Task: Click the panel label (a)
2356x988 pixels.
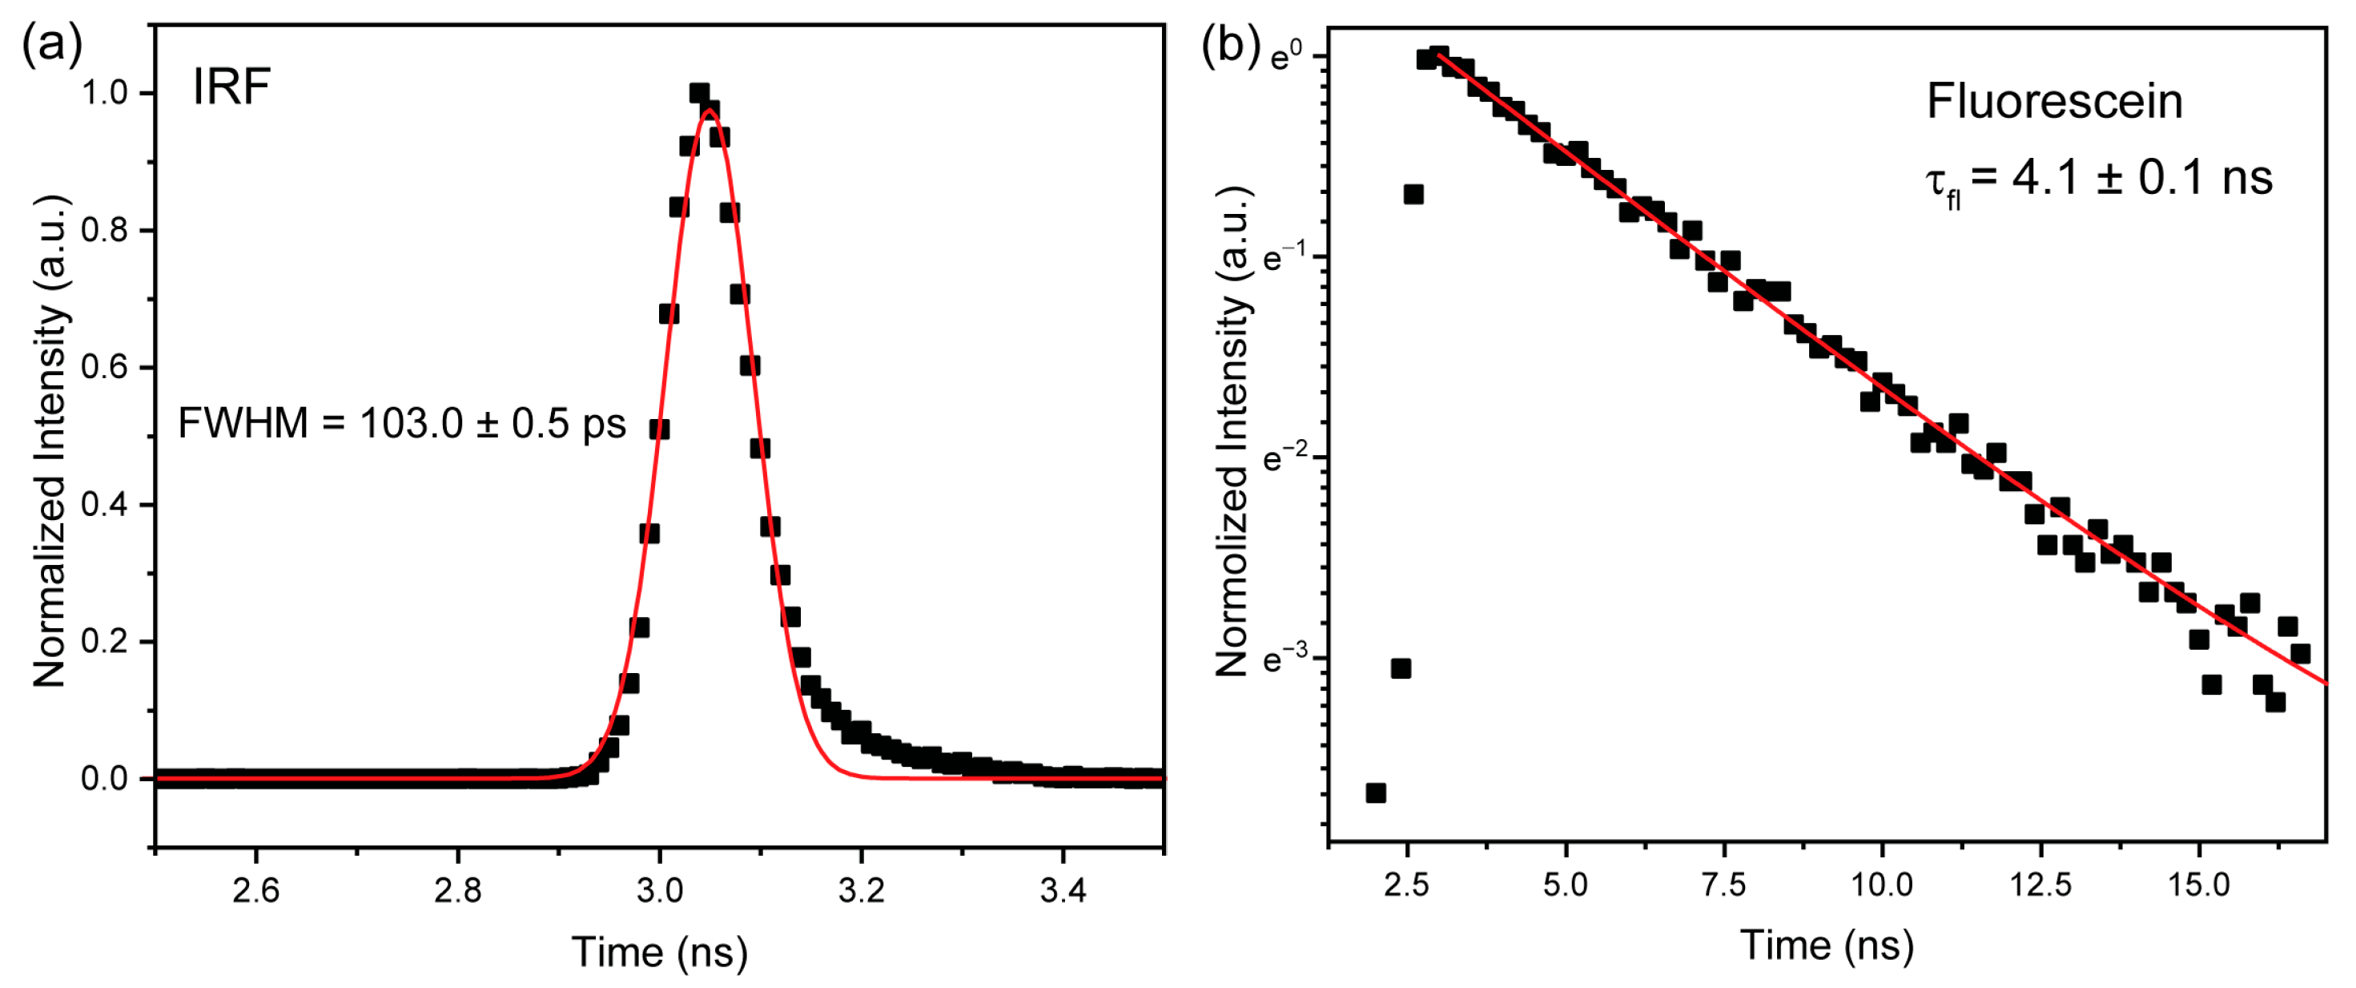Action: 52,44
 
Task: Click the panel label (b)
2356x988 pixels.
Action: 1230,44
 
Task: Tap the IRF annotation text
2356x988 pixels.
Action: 231,88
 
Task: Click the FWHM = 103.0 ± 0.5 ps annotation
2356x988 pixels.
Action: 401,424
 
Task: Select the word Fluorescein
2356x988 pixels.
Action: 2054,101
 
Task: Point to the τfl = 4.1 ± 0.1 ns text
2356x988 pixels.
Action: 2098,179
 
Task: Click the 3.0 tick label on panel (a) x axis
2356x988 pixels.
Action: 659,889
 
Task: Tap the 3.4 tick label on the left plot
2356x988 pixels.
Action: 1063,889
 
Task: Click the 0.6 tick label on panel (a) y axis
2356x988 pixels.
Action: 104,368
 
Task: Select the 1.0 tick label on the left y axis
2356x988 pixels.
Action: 104,93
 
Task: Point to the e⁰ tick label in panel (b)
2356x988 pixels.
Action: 1286,57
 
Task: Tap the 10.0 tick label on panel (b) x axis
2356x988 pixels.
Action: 1881,885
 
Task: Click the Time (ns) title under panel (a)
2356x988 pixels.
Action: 659,952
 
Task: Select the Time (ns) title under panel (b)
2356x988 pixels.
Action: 1827,945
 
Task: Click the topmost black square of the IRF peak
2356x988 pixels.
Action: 700,92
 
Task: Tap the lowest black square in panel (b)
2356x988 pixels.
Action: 1376,792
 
